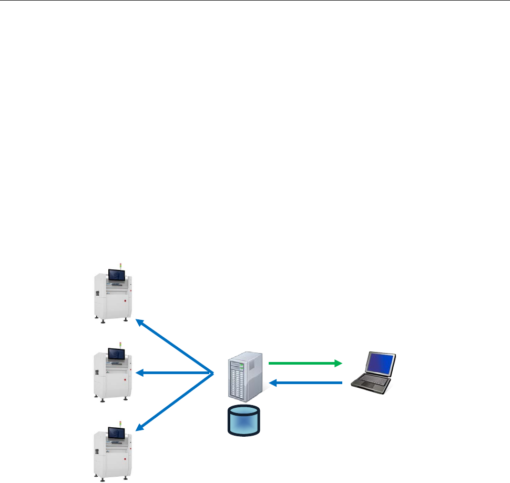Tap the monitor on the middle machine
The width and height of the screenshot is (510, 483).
click(115, 354)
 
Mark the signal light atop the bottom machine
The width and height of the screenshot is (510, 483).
click(121, 424)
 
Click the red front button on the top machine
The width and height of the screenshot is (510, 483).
click(125, 301)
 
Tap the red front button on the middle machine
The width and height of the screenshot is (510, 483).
click(125, 380)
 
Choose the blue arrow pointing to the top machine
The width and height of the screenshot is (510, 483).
click(174, 345)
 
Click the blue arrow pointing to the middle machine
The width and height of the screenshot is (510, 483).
click(174, 373)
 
